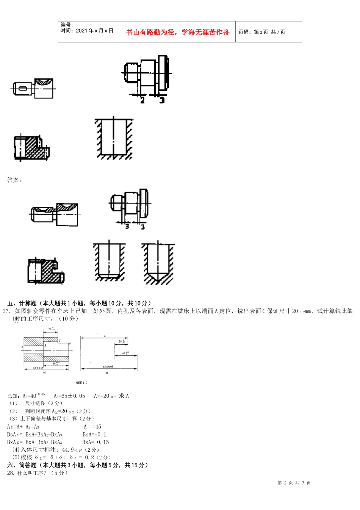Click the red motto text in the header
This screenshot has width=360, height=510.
pyautogui.click(x=178, y=32)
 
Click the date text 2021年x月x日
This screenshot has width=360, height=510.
pyautogui.click(x=87, y=31)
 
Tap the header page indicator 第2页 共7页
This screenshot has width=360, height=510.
pyautogui.click(x=261, y=32)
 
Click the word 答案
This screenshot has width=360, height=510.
pyautogui.click(x=14, y=180)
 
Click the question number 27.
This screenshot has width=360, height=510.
pyautogui.click(x=6, y=311)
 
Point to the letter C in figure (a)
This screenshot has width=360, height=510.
pyautogui.click(x=59, y=341)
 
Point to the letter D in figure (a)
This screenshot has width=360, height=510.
pyautogui.click(x=70, y=343)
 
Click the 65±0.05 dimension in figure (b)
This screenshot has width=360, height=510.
pyautogui.click(x=108, y=366)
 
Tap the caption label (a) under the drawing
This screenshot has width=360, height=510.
pyautogui.click(x=45, y=372)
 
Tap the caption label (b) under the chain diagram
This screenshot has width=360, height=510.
pyautogui.click(x=106, y=373)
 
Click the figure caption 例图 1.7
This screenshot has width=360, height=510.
pyautogui.click(x=81, y=383)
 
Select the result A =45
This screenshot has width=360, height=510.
pyautogui.click(x=92, y=427)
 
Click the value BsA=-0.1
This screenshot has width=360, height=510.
pyautogui.click(x=94, y=435)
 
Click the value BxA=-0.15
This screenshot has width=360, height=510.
pyautogui.click(x=95, y=442)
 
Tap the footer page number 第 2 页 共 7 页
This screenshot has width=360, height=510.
pyautogui.click(x=294, y=483)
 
